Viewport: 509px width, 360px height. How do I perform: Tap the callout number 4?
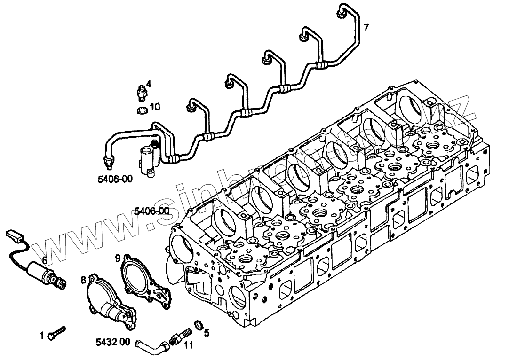[x=149, y=84]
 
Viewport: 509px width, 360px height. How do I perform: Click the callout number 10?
[x=155, y=107]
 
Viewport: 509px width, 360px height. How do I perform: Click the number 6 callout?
[x=44, y=259]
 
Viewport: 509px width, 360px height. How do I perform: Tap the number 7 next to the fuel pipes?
[x=366, y=27]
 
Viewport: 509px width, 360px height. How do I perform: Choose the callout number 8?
[x=83, y=280]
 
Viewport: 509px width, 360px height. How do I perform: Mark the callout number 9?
[x=118, y=257]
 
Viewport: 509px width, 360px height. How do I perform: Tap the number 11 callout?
[x=189, y=345]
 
